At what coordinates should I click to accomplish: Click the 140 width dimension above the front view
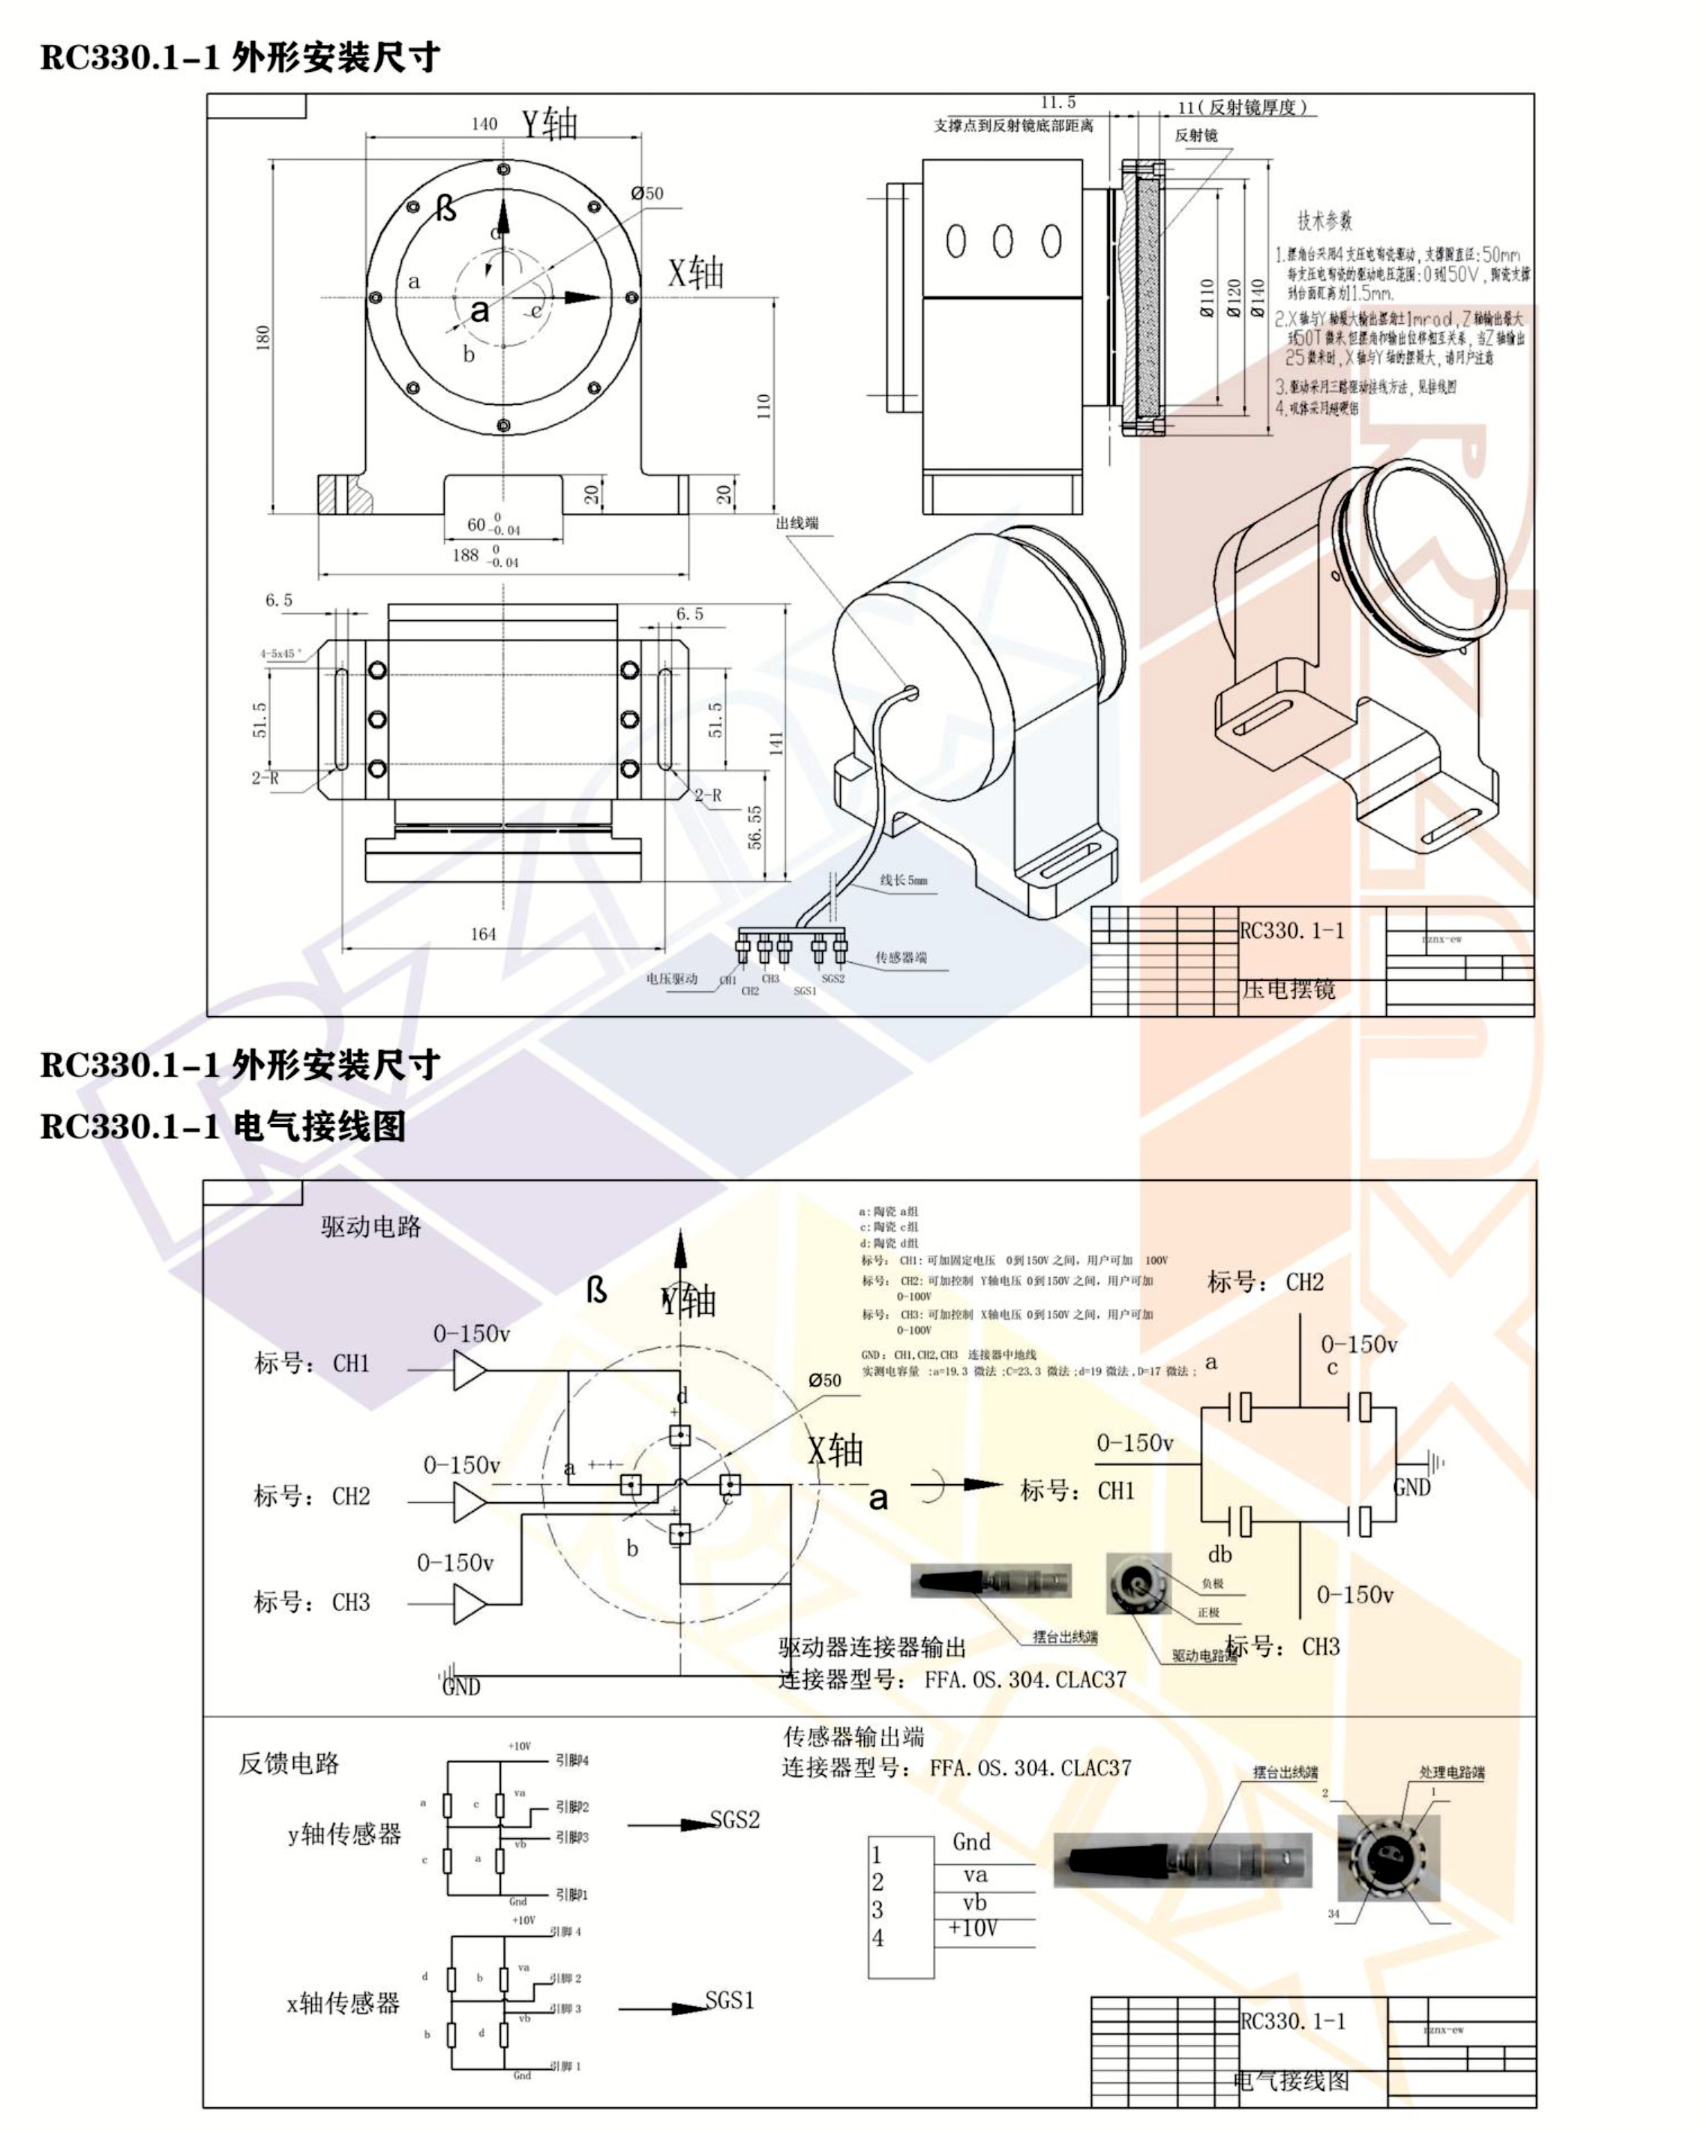pyautogui.click(x=484, y=124)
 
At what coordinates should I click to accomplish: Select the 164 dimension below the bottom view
pyautogui.click(x=483, y=934)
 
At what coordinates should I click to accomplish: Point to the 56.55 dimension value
pyautogui.click(x=754, y=826)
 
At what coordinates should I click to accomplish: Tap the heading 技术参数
pyautogui.click(x=1324, y=220)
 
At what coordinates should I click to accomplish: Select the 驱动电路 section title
pyautogui.click(x=370, y=1227)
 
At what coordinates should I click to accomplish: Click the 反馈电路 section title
pyautogui.click(x=289, y=1762)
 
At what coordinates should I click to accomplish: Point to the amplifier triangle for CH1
pyautogui.click(x=469, y=1371)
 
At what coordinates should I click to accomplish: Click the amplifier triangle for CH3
pyautogui.click(x=469, y=1603)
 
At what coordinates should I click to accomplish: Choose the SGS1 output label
pyautogui.click(x=729, y=2001)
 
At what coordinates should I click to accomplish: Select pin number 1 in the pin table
pyautogui.click(x=876, y=1855)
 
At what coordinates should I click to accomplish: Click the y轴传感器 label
pyautogui.click(x=344, y=1834)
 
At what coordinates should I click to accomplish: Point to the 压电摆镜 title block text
pyautogui.click(x=1288, y=989)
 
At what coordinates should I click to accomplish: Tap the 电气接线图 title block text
pyautogui.click(x=1291, y=2080)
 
